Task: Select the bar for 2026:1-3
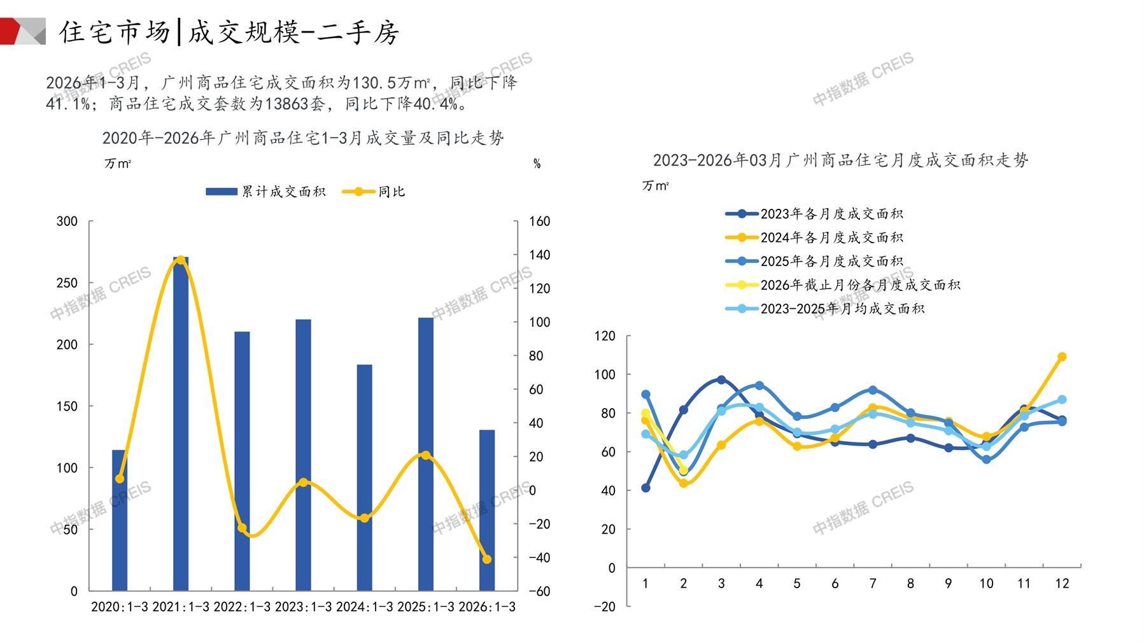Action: [487, 510]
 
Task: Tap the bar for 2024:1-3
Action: [364, 477]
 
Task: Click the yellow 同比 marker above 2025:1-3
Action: [426, 455]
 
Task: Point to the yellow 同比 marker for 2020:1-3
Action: [120, 479]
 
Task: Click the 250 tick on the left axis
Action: [67, 283]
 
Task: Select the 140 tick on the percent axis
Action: [540, 255]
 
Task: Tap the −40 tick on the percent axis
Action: [540, 558]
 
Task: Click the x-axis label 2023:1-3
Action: [303, 607]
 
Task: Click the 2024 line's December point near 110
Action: [1062, 357]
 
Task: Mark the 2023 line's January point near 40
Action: [646, 488]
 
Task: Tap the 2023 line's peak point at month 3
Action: [721, 379]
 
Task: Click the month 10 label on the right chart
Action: [986, 584]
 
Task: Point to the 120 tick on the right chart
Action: [605, 336]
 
